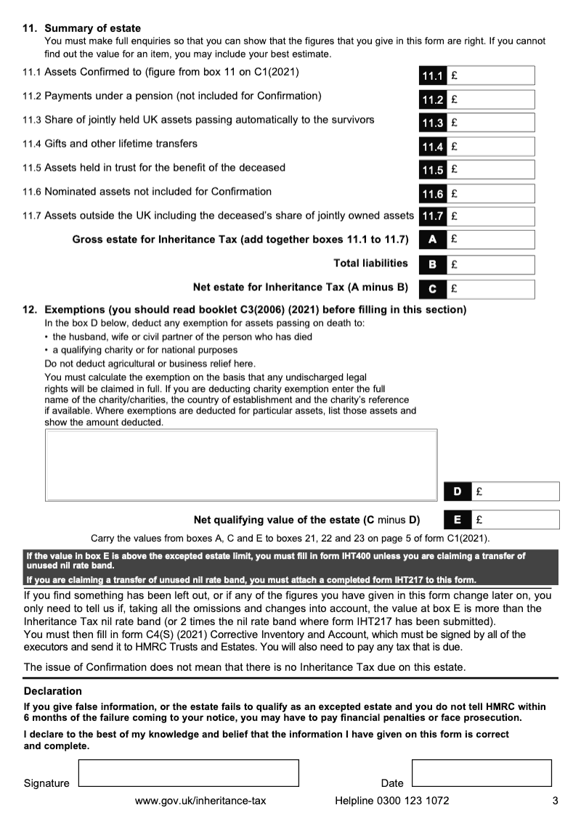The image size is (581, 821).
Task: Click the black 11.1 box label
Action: [x=432, y=75]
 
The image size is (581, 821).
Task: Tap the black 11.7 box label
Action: [x=432, y=216]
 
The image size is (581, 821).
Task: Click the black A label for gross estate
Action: [x=432, y=239]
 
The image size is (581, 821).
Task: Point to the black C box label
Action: [x=432, y=289]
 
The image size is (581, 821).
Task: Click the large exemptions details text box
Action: [x=241, y=465]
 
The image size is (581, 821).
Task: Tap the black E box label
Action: [x=457, y=520]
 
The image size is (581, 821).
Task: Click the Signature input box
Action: [x=188, y=772]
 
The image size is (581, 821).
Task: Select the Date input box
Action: [x=481, y=772]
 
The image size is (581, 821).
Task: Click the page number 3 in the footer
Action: [x=554, y=801]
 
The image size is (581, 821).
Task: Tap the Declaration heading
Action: [x=53, y=691]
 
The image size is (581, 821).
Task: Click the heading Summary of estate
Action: [x=93, y=28]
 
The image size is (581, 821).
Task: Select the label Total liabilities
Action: [x=370, y=263]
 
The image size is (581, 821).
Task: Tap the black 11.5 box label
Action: [x=432, y=170]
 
